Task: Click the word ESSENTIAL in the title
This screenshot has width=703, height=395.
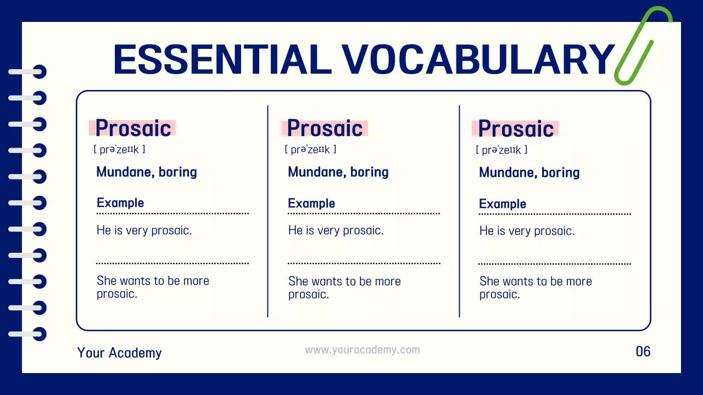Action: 222,59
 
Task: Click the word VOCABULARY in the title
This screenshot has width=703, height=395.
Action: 478,59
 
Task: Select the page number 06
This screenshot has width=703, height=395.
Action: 643,351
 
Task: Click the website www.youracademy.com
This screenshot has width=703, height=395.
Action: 362,350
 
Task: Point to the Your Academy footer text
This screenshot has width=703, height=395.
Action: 119,353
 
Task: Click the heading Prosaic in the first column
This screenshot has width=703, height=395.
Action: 133,128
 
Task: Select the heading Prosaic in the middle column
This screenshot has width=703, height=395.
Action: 325,128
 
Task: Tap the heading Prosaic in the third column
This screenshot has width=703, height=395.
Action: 516,129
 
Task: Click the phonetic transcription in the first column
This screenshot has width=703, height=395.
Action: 119,149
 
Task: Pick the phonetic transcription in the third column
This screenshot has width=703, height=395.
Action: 501,150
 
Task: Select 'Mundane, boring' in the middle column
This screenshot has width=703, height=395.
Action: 338,172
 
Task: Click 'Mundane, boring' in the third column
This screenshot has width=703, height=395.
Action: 529,173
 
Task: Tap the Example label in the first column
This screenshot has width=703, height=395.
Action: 120,203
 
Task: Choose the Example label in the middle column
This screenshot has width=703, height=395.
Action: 311,204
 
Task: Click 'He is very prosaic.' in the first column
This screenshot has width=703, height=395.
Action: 144,230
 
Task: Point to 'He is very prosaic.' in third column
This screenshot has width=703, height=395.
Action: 527,231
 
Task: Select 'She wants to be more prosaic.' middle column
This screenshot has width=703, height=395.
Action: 344,288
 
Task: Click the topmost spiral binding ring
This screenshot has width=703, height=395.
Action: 27,72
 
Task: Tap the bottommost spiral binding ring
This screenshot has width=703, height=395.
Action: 27,334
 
